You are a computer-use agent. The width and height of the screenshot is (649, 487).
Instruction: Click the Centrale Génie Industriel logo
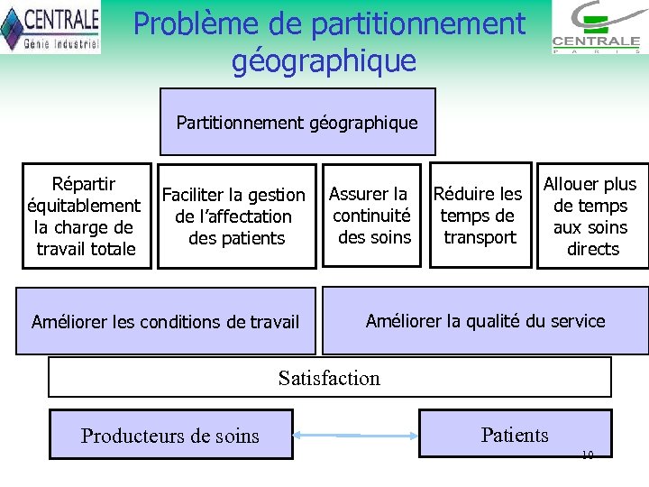tap(50, 27)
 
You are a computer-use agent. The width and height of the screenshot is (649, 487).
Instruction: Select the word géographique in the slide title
tap(324, 60)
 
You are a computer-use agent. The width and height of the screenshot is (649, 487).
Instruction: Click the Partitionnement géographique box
tap(297, 122)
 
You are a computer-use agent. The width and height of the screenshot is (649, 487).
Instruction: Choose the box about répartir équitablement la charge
tap(85, 216)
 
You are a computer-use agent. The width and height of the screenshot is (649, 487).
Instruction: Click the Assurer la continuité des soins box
tap(371, 216)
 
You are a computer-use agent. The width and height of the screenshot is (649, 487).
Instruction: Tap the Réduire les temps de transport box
tap(478, 216)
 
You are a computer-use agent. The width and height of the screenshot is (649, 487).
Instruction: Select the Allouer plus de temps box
tap(593, 216)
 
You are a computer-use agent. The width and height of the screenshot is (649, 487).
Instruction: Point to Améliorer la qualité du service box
tap(485, 321)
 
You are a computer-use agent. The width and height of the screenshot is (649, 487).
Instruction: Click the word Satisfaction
tap(329, 378)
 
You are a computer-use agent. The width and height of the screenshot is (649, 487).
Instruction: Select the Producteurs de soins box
tap(170, 436)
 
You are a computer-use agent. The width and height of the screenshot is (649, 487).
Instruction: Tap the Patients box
tap(515, 435)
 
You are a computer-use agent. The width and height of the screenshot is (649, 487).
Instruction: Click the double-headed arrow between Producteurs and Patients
tap(357, 436)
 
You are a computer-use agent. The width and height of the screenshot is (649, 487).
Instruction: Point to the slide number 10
tap(588, 454)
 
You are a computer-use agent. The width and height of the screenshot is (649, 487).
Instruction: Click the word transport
tap(480, 237)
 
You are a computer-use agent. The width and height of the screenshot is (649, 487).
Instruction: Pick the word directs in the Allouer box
tap(593, 249)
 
